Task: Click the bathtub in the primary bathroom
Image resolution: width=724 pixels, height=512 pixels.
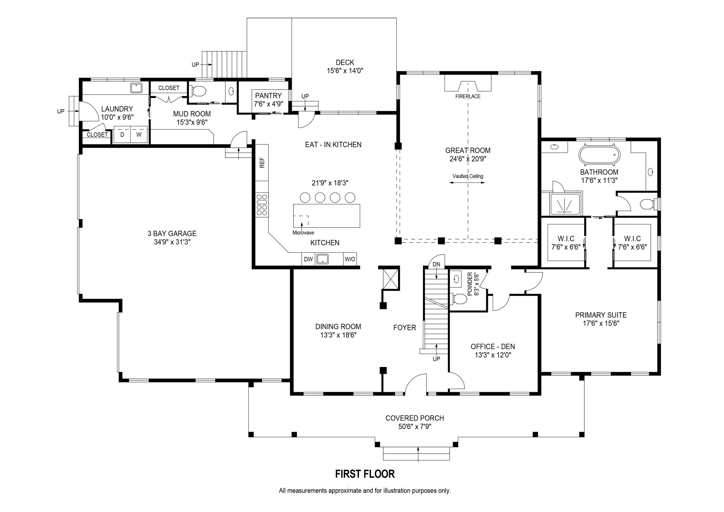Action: click(599, 155)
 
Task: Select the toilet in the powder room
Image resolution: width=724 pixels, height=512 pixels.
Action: click(459, 299)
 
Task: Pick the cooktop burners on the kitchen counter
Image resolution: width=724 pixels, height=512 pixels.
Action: click(262, 205)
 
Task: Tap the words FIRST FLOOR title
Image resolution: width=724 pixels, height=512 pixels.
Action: click(365, 474)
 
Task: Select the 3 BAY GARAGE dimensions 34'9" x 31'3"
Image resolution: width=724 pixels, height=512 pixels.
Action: click(172, 242)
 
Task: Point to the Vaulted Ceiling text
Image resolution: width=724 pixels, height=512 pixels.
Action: click(468, 176)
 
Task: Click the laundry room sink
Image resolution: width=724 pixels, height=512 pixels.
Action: click(136, 88)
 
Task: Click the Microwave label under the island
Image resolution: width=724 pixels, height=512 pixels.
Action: click(303, 233)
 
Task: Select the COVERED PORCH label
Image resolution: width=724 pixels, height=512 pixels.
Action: click(414, 418)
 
